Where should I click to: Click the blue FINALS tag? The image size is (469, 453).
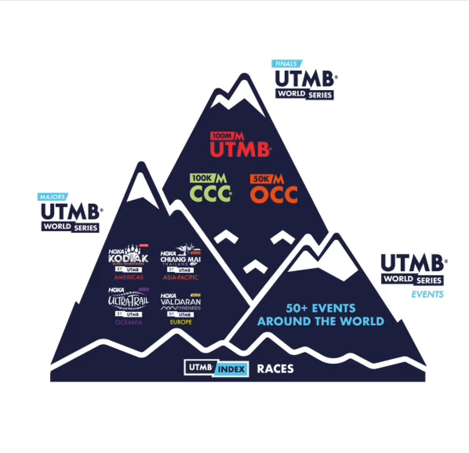pyautogui.click(x=286, y=63)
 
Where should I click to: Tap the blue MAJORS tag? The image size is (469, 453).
pyautogui.click(x=52, y=197)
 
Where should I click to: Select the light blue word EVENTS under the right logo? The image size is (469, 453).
pyautogui.click(x=427, y=294)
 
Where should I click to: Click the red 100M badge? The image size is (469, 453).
pyautogui.click(x=222, y=136)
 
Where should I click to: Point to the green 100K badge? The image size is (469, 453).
pyautogui.click(x=202, y=178)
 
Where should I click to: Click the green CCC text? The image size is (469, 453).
pyautogui.click(x=211, y=194)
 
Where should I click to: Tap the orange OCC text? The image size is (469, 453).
pyautogui.click(x=274, y=195)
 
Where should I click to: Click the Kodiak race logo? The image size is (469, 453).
pyautogui.click(x=129, y=257)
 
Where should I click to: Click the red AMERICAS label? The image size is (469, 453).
pyautogui.click(x=129, y=277)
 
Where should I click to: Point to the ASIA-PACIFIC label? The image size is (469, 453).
pyautogui.click(x=181, y=277)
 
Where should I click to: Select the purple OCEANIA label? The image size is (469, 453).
pyautogui.click(x=129, y=322)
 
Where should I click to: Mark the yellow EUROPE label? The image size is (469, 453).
pyautogui.click(x=181, y=322)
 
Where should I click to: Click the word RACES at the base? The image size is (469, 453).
pyautogui.click(x=275, y=369)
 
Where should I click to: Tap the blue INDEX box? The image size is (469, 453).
pyautogui.click(x=232, y=369)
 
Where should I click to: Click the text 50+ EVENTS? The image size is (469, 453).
pyautogui.click(x=321, y=308)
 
